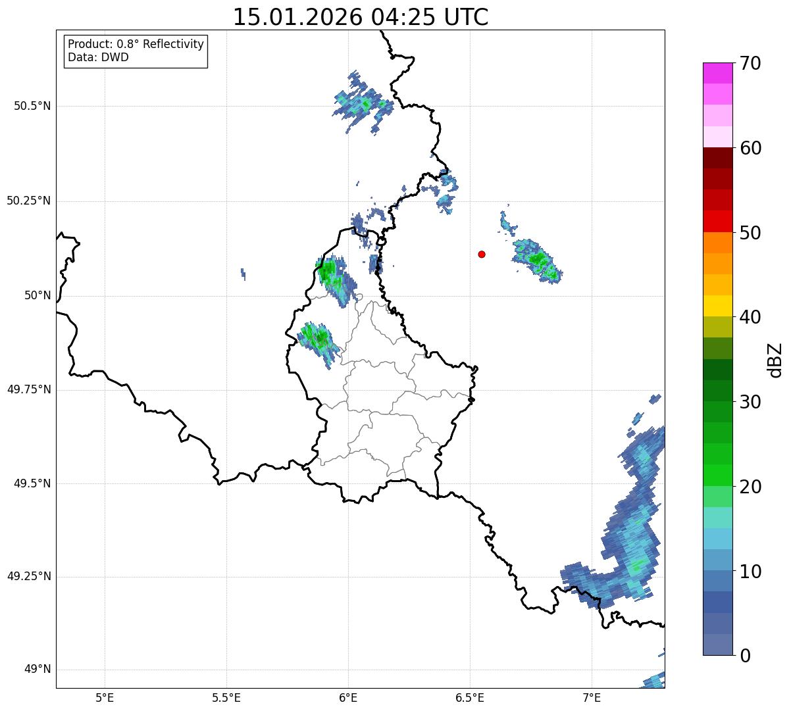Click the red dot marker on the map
point(482,254)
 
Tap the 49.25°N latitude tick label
point(29,577)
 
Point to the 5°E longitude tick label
point(105,697)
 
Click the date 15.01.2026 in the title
point(297,18)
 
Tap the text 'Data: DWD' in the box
point(98,57)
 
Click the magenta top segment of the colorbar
point(717,73)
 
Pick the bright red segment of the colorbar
point(717,221)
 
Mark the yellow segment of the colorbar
point(717,306)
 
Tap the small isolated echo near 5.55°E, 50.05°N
point(243,274)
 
